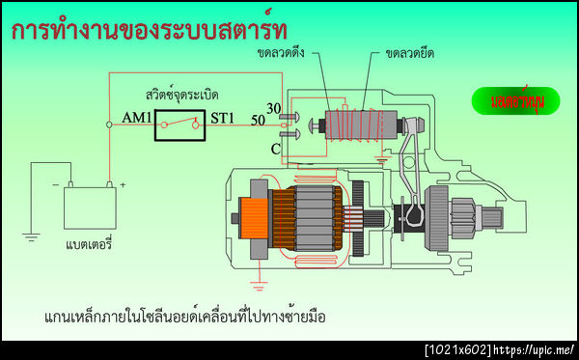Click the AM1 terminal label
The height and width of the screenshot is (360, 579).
[x=137, y=119]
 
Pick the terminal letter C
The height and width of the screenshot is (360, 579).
[x=275, y=150]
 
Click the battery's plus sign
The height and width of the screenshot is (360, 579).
[x=123, y=183]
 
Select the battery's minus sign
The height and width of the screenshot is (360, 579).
[x=55, y=183]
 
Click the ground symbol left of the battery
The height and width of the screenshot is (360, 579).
[x=31, y=235]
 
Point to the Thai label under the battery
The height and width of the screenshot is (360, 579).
[x=90, y=245]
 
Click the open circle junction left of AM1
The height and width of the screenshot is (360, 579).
[x=109, y=124]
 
